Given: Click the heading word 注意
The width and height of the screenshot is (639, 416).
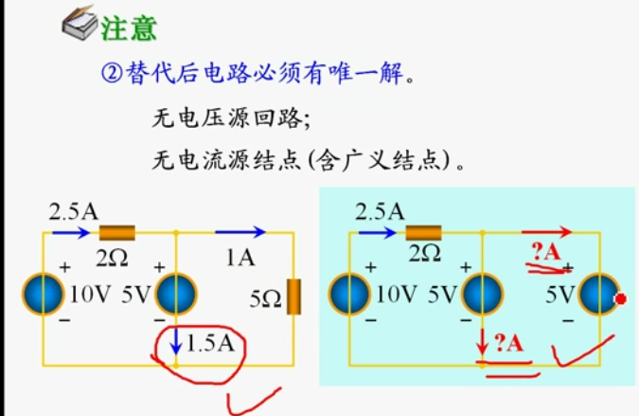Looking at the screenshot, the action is click(129, 27).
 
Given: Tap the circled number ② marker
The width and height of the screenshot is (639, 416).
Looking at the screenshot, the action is click(110, 74).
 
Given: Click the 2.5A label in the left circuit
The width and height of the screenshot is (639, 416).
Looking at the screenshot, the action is click(73, 210).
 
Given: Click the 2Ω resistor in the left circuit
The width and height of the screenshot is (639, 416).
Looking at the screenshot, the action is click(118, 232).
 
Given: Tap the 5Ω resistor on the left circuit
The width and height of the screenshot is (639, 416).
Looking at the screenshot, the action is click(294, 297).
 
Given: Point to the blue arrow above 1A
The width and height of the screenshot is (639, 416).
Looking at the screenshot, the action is click(241, 231).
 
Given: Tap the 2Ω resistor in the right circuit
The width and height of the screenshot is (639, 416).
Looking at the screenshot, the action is click(424, 232).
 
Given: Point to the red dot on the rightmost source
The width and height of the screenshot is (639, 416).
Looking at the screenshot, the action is click(622, 301).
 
